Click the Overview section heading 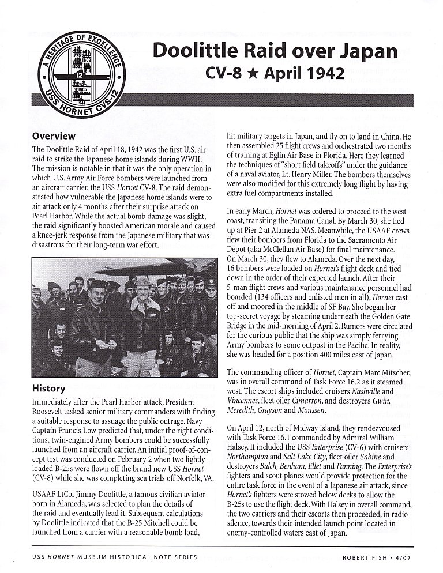pos(54,136)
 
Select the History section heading pos(49,388)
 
